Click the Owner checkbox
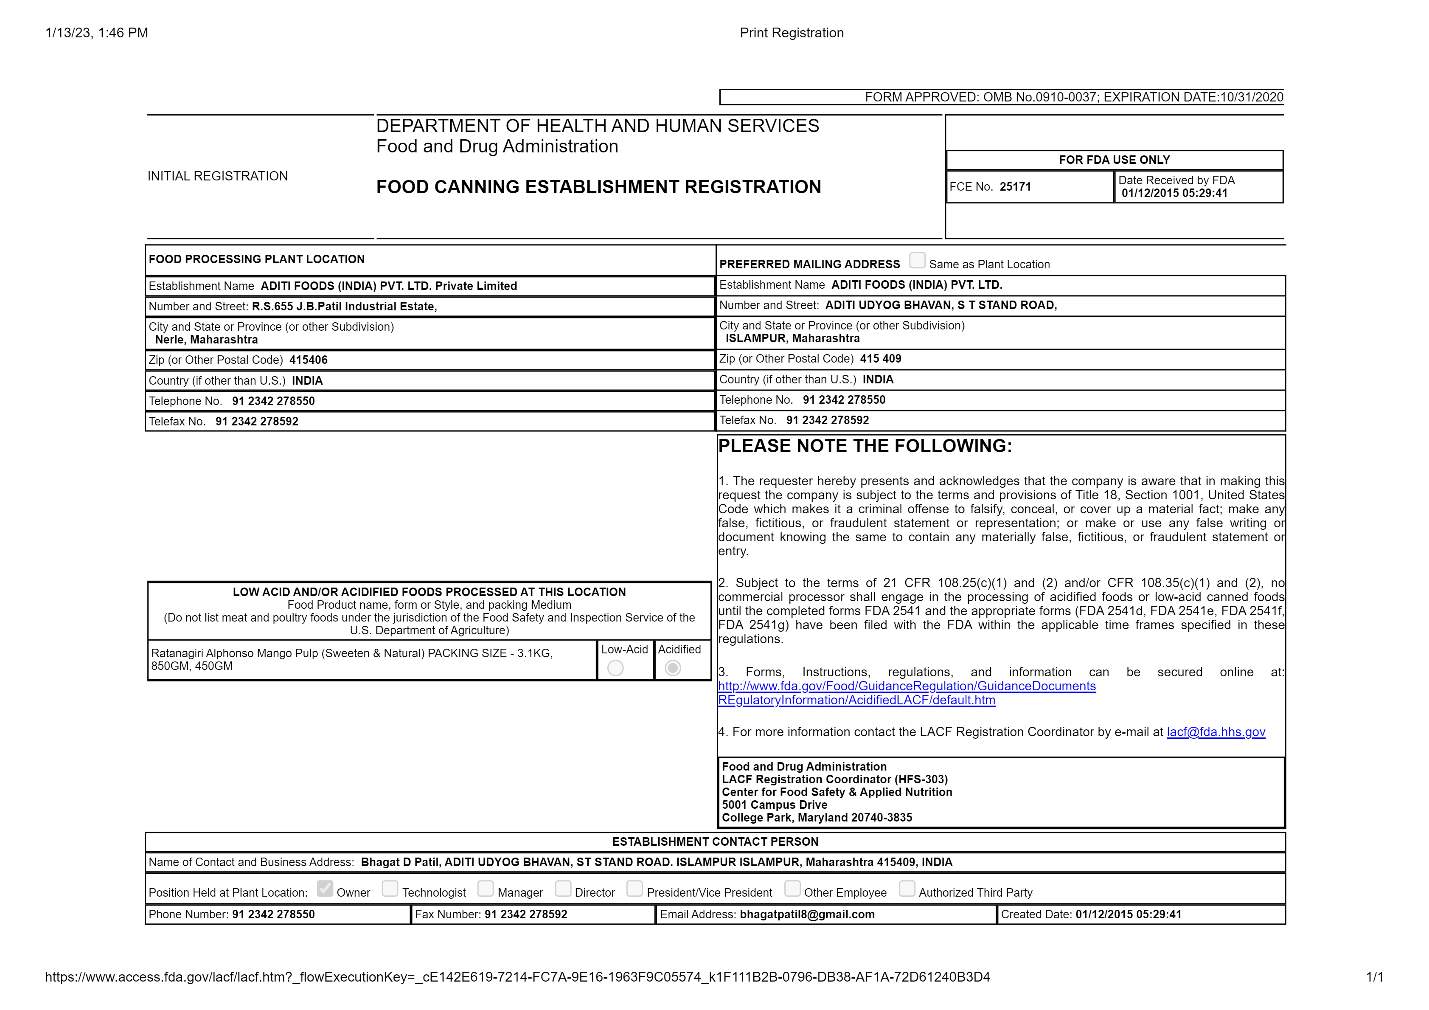click(x=324, y=888)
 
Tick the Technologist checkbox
click(x=390, y=888)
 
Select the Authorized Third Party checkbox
click(x=907, y=888)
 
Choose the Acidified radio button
click(x=672, y=668)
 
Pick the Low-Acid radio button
click(x=615, y=668)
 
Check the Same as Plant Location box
click(x=917, y=260)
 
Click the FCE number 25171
click(x=1015, y=187)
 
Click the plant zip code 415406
click(x=308, y=360)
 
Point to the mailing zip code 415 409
click(x=880, y=359)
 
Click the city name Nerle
click(x=169, y=339)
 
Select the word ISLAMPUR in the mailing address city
click(x=755, y=338)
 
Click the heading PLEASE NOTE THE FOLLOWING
click(x=865, y=446)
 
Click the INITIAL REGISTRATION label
click(x=217, y=176)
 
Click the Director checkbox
click(x=563, y=888)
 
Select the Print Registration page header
click(x=791, y=33)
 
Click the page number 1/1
click(x=1374, y=977)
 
